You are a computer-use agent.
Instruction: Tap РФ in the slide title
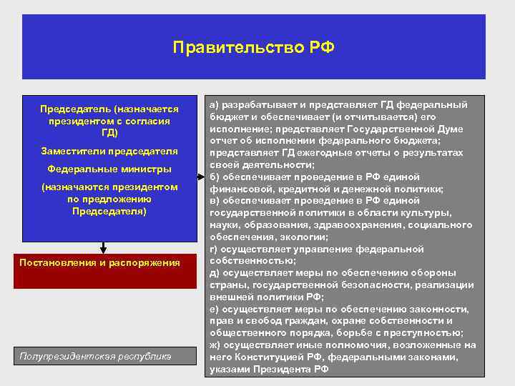pyautogui.click(x=322, y=48)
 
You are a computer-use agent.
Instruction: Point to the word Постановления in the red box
pyautogui.click(x=57, y=263)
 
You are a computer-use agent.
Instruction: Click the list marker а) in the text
pyautogui.click(x=214, y=104)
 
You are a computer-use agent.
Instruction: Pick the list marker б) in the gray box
pyautogui.click(x=214, y=177)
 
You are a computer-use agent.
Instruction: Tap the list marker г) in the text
pyautogui.click(x=213, y=249)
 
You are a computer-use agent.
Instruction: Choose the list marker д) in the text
pyautogui.click(x=214, y=273)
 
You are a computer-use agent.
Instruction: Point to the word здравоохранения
pyautogui.click(x=363, y=225)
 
